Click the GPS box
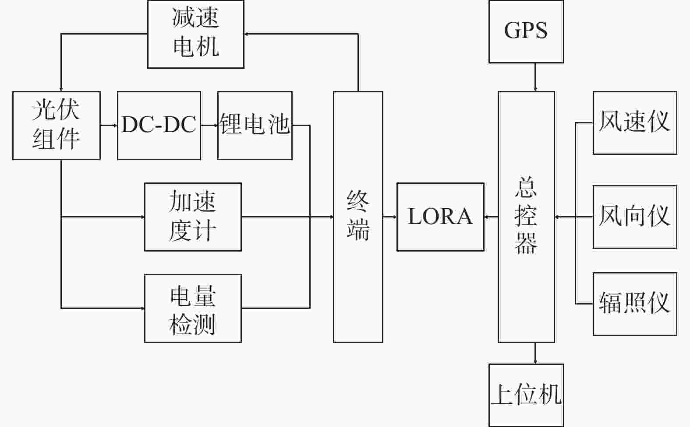point(526,31)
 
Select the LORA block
point(440,217)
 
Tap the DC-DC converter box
point(159,125)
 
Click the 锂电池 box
point(255,125)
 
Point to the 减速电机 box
point(195,34)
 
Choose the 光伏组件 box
point(57,125)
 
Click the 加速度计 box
point(193,217)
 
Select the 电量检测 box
point(193,308)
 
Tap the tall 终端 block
point(358,217)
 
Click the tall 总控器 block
point(526,217)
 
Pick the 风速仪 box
point(635,123)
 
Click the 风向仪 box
point(635,217)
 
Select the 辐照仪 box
point(635,304)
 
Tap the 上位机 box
point(526,395)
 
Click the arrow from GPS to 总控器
point(535,77)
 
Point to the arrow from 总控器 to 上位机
point(535,353)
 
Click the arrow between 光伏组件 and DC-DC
point(109,125)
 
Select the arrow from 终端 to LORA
point(390,217)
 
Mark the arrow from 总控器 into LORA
point(491,217)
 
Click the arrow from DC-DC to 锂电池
point(209,125)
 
